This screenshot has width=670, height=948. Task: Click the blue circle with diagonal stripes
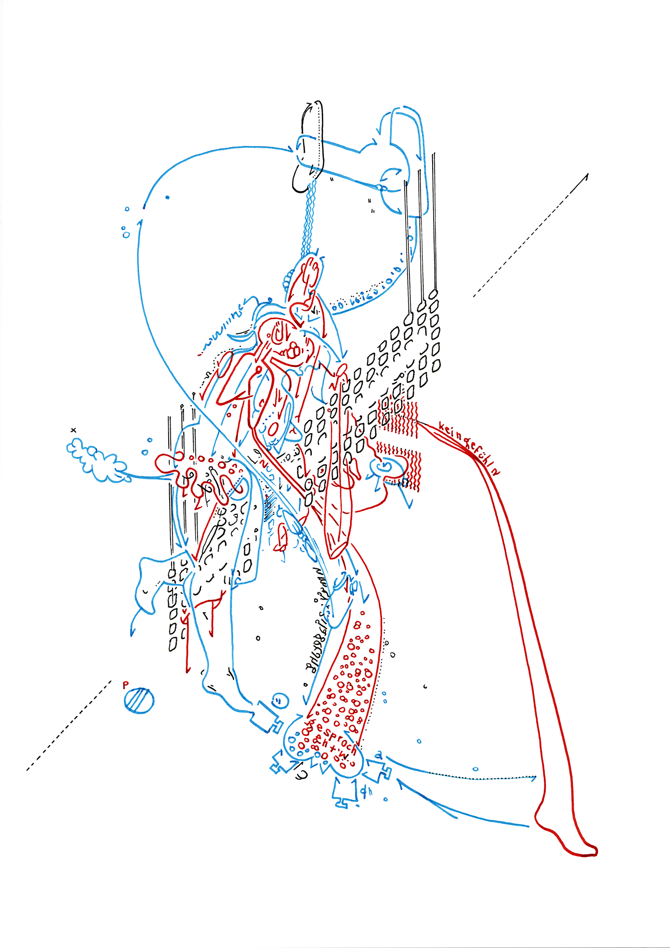pos(139,700)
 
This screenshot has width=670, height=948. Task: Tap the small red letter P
pos(126,685)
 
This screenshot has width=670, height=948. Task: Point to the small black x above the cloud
pos(73,430)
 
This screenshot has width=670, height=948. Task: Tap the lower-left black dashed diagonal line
pos(69,725)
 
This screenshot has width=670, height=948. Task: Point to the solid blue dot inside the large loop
pos(167,197)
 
